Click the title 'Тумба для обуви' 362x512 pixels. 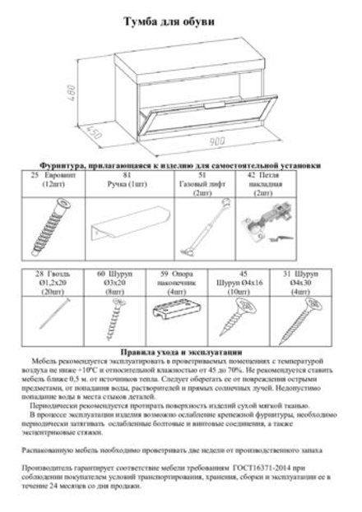pos(180,24)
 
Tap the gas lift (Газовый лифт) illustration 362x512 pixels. pos(199,224)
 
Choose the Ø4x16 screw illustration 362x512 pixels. pos(239,311)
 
